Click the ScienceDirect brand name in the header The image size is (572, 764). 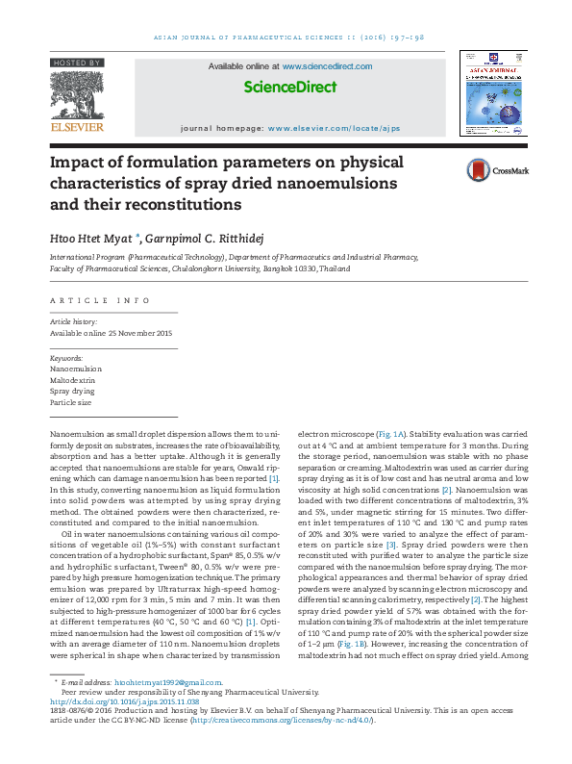tap(289, 88)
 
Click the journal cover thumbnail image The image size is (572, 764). tap(491, 94)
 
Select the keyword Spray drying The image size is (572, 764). tap(71, 392)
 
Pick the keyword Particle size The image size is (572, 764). tap(70, 403)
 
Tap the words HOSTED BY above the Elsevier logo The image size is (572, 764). tap(77, 63)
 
